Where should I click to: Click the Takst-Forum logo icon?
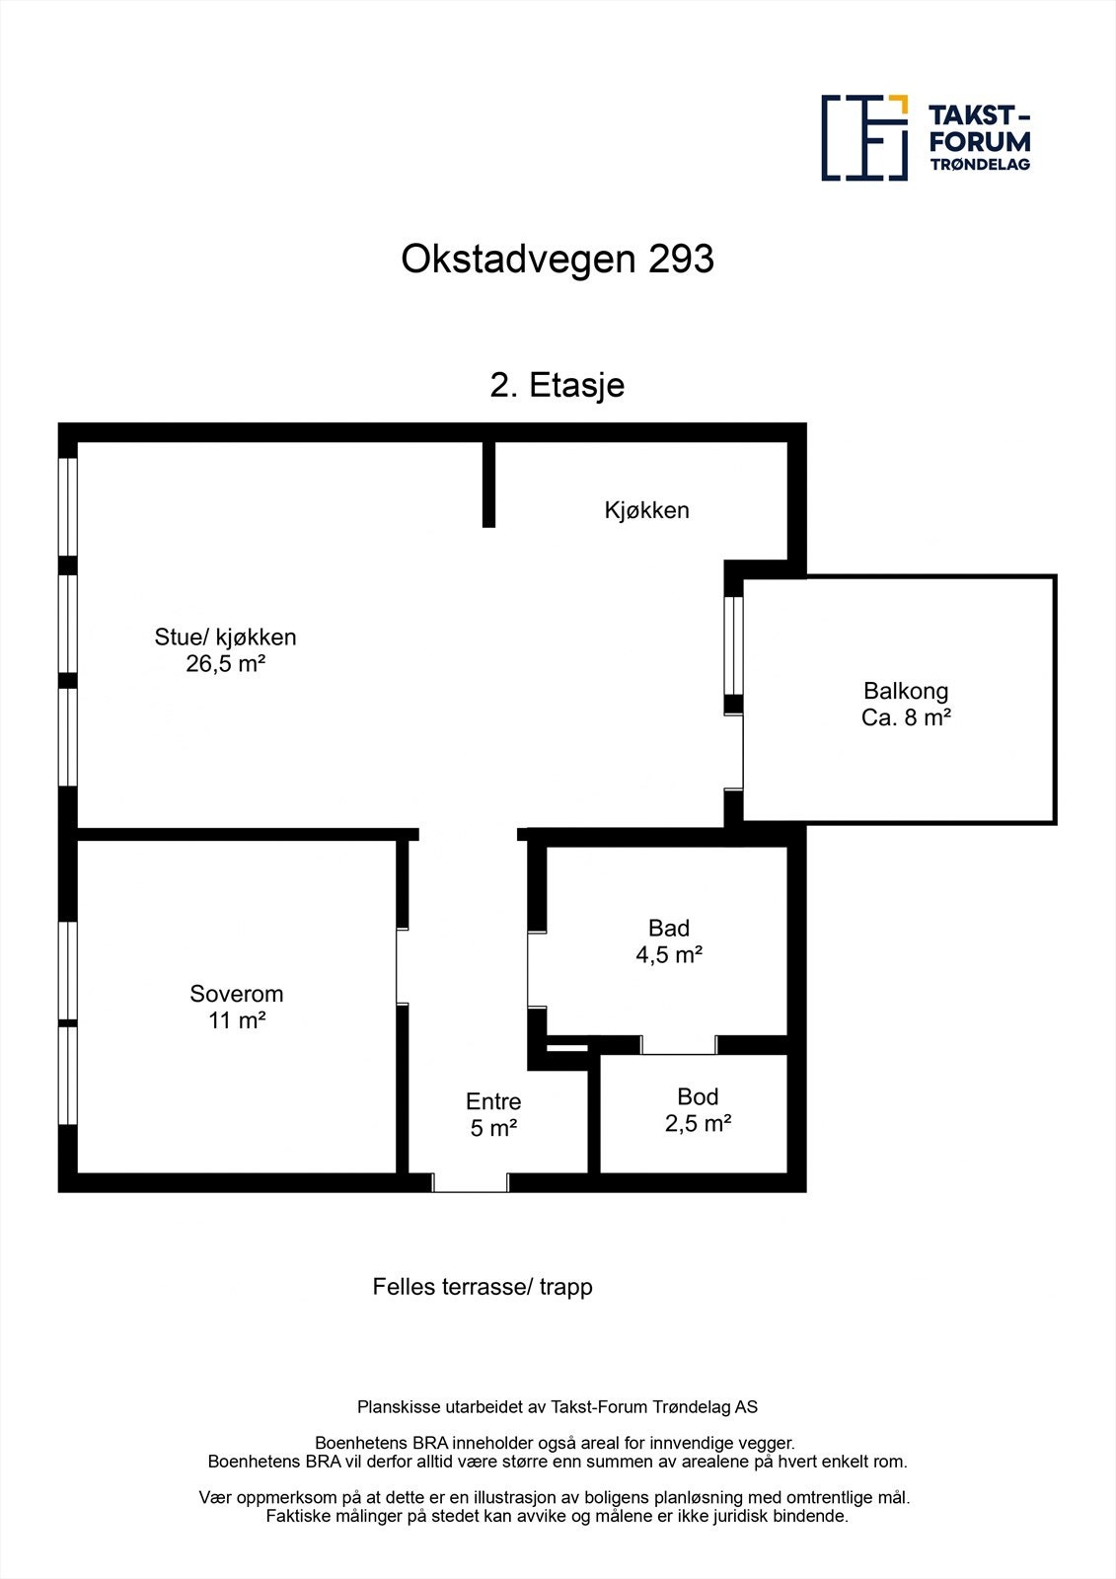click(x=864, y=138)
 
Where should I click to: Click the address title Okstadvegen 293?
click(x=558, y=260)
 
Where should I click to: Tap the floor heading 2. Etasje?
click(x=558, y=384)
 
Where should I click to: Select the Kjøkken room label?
click(x=646, y=510)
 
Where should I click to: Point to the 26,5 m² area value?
click(x=226, y=663)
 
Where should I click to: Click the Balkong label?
click(x=905, y=691)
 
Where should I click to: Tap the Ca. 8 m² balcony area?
click(x=905, y=717)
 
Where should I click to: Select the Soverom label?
click(x=236, y=994)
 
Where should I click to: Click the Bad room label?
click(x=668, y=928)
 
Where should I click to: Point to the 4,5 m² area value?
click(x=668, y=954)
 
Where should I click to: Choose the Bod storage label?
click(x=698, y=1096)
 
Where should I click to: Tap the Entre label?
click(x=493, y=1101)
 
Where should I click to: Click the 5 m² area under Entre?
click(x=493, y=1128)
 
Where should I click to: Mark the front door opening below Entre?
click(x=471, y=1182)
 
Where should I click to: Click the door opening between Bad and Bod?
click(x=679, y=1045)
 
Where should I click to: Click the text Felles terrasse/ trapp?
click(x=483, y=1287)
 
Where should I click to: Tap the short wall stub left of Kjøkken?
click(x=488, y=484)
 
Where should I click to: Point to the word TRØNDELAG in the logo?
click(x=980, y=165)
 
